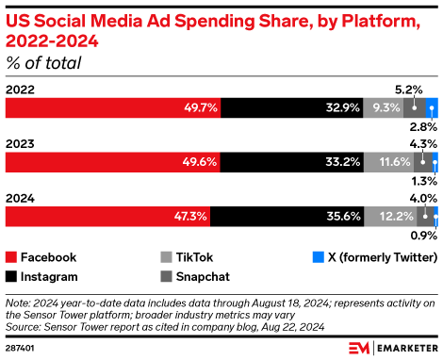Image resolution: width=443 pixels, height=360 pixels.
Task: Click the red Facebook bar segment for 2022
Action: (113, 107)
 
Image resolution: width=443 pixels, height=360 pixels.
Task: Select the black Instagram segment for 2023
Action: (293, 162)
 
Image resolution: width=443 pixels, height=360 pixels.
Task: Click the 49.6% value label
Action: (202, 162)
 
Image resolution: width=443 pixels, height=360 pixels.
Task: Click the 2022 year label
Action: (22, 90)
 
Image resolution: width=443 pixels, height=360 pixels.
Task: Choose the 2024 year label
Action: (22, 198)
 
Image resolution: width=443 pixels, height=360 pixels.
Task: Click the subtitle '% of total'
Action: (43, 63)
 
